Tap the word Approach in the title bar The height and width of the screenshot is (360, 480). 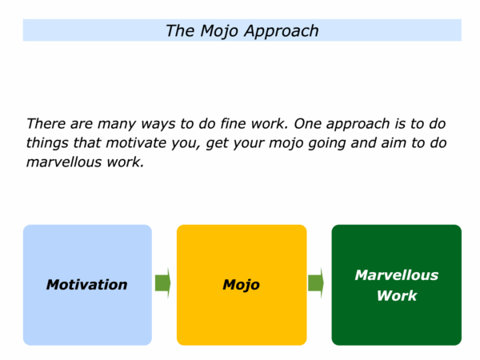point(282,31)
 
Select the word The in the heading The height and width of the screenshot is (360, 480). point(180,30)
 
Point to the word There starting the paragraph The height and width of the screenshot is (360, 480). point(46,124)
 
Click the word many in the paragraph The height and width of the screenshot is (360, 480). point(117,125)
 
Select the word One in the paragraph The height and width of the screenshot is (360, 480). point(308,124)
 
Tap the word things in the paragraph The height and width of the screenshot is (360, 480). point(47,143)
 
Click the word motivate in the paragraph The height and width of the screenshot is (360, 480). point(136,143)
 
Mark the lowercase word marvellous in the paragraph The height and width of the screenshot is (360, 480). point(64,162)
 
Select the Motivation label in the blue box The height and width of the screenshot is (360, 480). point(87,285)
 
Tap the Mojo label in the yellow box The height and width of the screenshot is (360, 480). point(242,286)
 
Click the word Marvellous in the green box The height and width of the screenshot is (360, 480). point(397,275)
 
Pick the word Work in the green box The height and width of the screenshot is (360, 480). point(397,296)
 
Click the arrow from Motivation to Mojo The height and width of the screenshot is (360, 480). point(163,283)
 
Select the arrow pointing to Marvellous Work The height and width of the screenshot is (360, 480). point(316,283)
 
